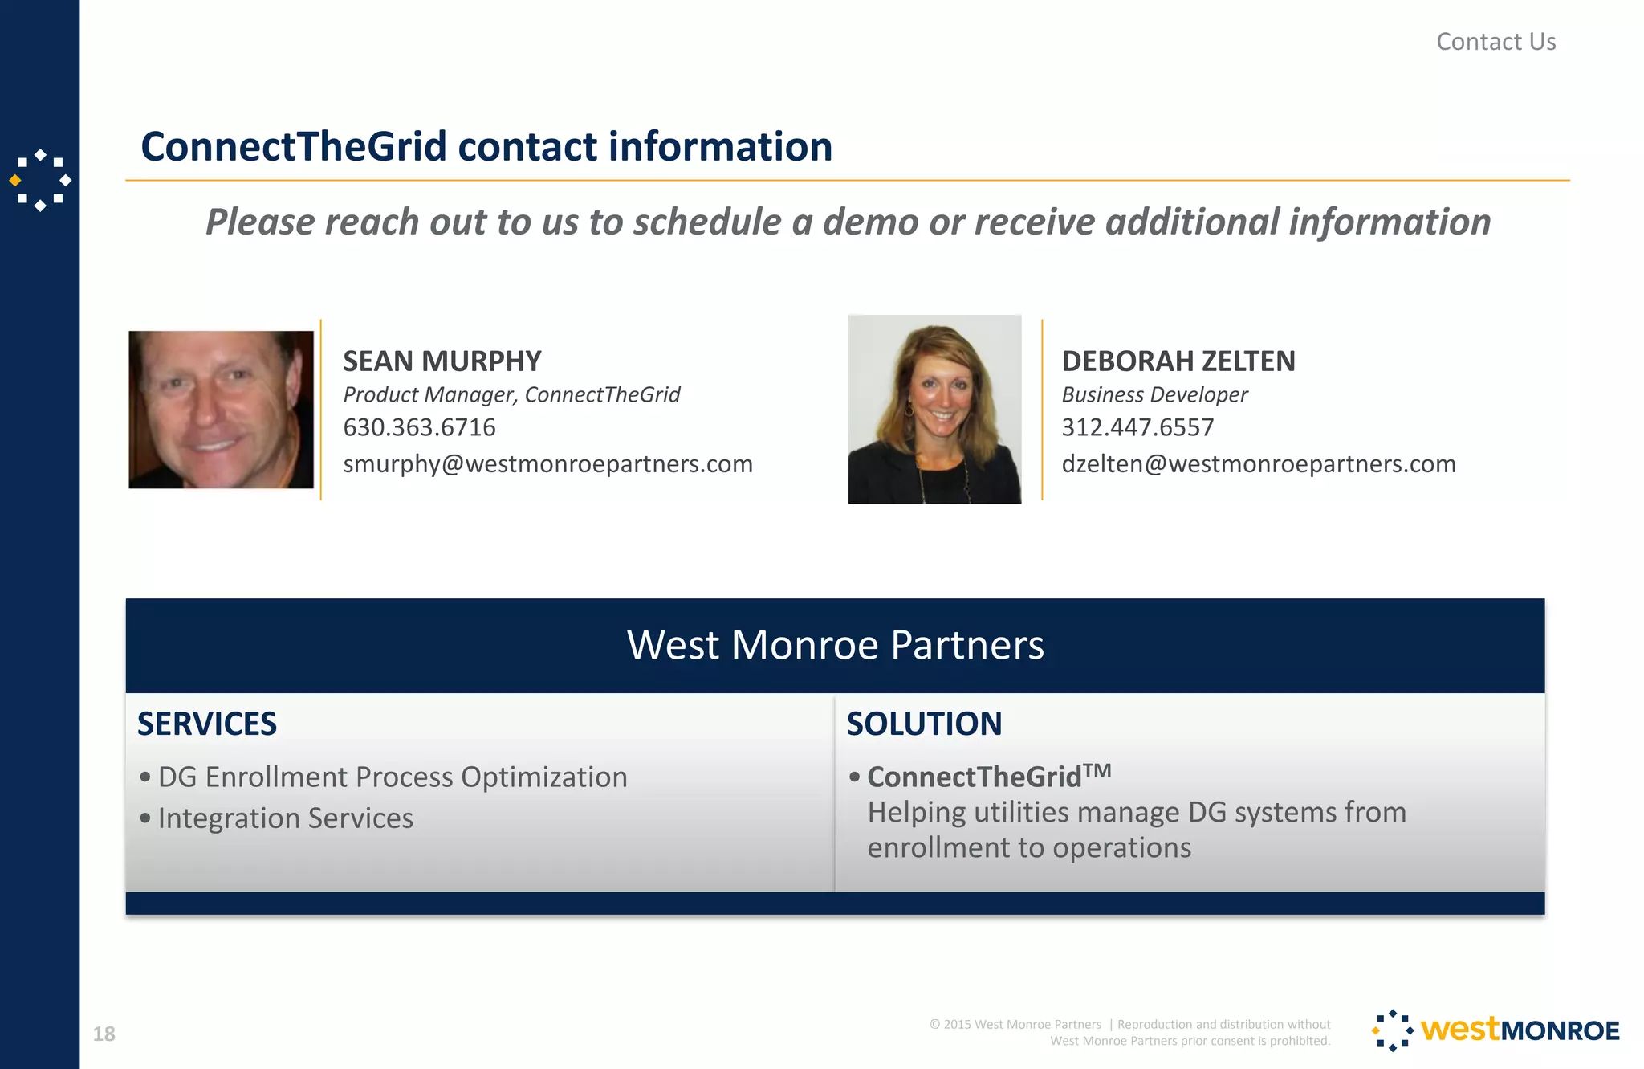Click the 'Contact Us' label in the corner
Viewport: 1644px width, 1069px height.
tap(1495, 42)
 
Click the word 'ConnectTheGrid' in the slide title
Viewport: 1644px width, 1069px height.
tap(293, 147)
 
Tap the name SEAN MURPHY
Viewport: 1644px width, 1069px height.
tap(442, 361)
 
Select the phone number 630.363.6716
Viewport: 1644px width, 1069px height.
tap(419, 427)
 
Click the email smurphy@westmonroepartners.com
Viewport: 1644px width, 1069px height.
tap(547, 464)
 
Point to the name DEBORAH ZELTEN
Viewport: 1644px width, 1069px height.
tap(1178, 361)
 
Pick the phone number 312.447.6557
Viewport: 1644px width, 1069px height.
tap(1137, 427)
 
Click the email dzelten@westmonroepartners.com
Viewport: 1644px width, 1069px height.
tap(1258, 464)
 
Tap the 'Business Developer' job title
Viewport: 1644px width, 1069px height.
tap(1154, 394)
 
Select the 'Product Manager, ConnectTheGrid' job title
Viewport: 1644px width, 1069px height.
tap(511, 394)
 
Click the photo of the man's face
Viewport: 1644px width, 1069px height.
tap(221, 410)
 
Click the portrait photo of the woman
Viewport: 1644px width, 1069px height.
tap(934, 409)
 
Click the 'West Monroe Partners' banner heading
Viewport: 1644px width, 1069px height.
tap(835, 645)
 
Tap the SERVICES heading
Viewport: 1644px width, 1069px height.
tap(207, 724)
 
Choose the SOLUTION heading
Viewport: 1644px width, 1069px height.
tap(924, 724)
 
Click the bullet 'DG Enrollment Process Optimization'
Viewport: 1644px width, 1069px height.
tap(392, 777)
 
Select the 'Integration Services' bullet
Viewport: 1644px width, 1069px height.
tap(285, 818)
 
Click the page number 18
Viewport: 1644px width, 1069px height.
tap(104, 1034)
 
